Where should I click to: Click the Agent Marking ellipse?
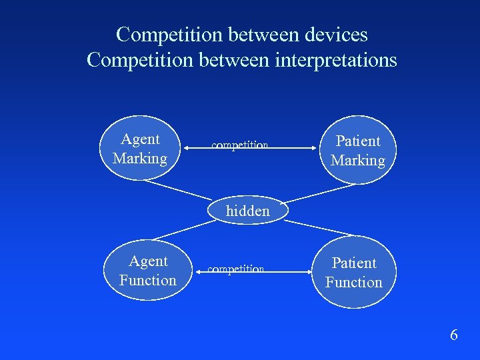(x=140, y=149)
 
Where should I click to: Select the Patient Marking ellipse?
(x=358, y=151)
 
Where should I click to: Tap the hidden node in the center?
(x=248, y=211)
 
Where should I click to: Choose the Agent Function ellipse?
(x=147, y=271)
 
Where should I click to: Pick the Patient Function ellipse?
(x=353, y=273)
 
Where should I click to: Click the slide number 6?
(x=454, y=335)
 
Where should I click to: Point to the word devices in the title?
(x=335, y=34)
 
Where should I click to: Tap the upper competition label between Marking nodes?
(x=239, y=145)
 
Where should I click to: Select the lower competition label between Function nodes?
(x=236, y=269)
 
